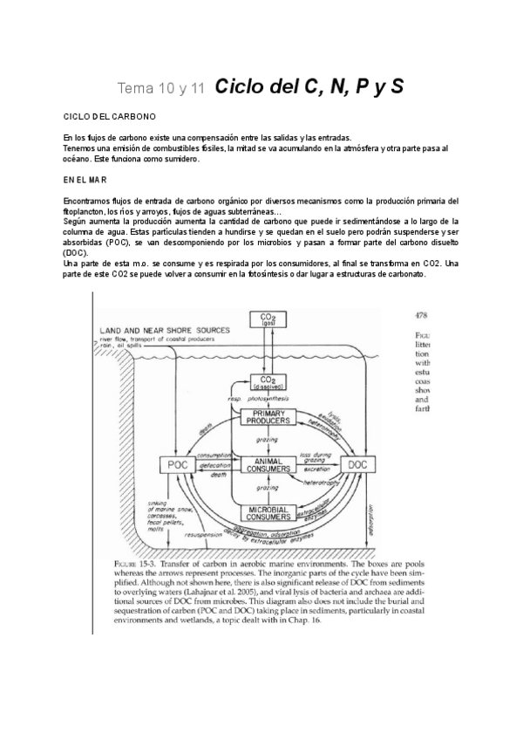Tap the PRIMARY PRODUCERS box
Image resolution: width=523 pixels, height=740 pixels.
coord(268,416)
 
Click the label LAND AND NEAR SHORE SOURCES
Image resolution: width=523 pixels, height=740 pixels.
coord(165,330)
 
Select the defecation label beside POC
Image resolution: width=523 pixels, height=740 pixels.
coord(214,466)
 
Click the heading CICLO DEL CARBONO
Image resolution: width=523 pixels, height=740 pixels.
coord(110,116)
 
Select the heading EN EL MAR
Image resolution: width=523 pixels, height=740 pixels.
coord(85,180)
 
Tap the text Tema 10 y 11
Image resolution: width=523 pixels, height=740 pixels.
coord(161,88)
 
